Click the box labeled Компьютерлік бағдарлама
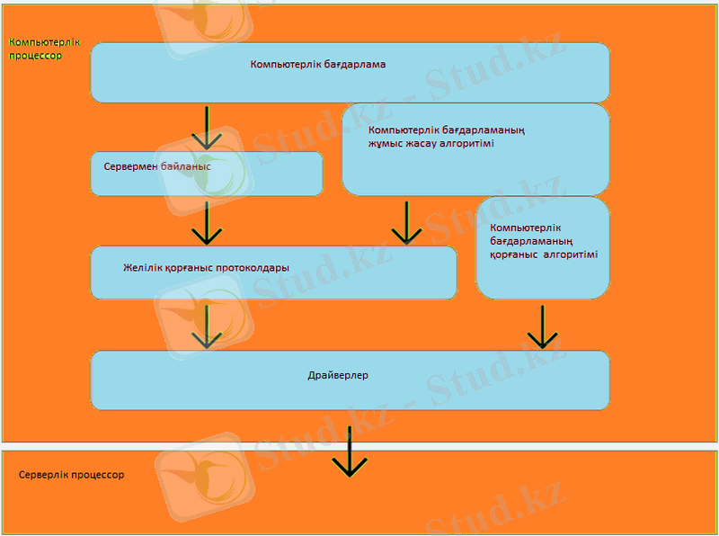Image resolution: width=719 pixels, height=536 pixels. tap(350, 73)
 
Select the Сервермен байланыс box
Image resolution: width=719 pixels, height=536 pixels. tap(207, 174)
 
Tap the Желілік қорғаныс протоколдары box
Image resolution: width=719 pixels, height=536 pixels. tap(274, 273)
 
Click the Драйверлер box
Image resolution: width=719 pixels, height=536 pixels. tap(350, 380)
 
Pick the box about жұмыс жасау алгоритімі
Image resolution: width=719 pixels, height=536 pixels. tap(475, 149)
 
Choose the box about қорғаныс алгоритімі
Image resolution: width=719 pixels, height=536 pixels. tap(543, 248)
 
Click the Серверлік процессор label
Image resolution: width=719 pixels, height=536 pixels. tap(72, 475)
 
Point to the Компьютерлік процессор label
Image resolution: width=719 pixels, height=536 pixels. tap(44, 49)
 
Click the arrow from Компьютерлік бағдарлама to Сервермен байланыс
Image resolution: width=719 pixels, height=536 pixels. tap(207, 128)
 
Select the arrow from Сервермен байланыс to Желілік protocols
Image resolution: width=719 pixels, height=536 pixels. tap(207, 223)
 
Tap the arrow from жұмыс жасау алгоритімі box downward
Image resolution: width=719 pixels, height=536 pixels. tap(407, 222)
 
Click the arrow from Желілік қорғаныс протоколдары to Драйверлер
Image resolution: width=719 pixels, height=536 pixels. tap(207, 326)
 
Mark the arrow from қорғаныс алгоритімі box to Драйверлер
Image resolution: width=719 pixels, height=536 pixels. tap(543, 327)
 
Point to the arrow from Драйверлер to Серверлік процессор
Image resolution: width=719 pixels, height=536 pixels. tap(350, 452)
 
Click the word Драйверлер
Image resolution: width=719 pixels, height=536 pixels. tap(338, 375)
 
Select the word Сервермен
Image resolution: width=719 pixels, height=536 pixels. tap(130, 166)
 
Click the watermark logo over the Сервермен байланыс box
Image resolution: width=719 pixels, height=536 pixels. tap(205, 171)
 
